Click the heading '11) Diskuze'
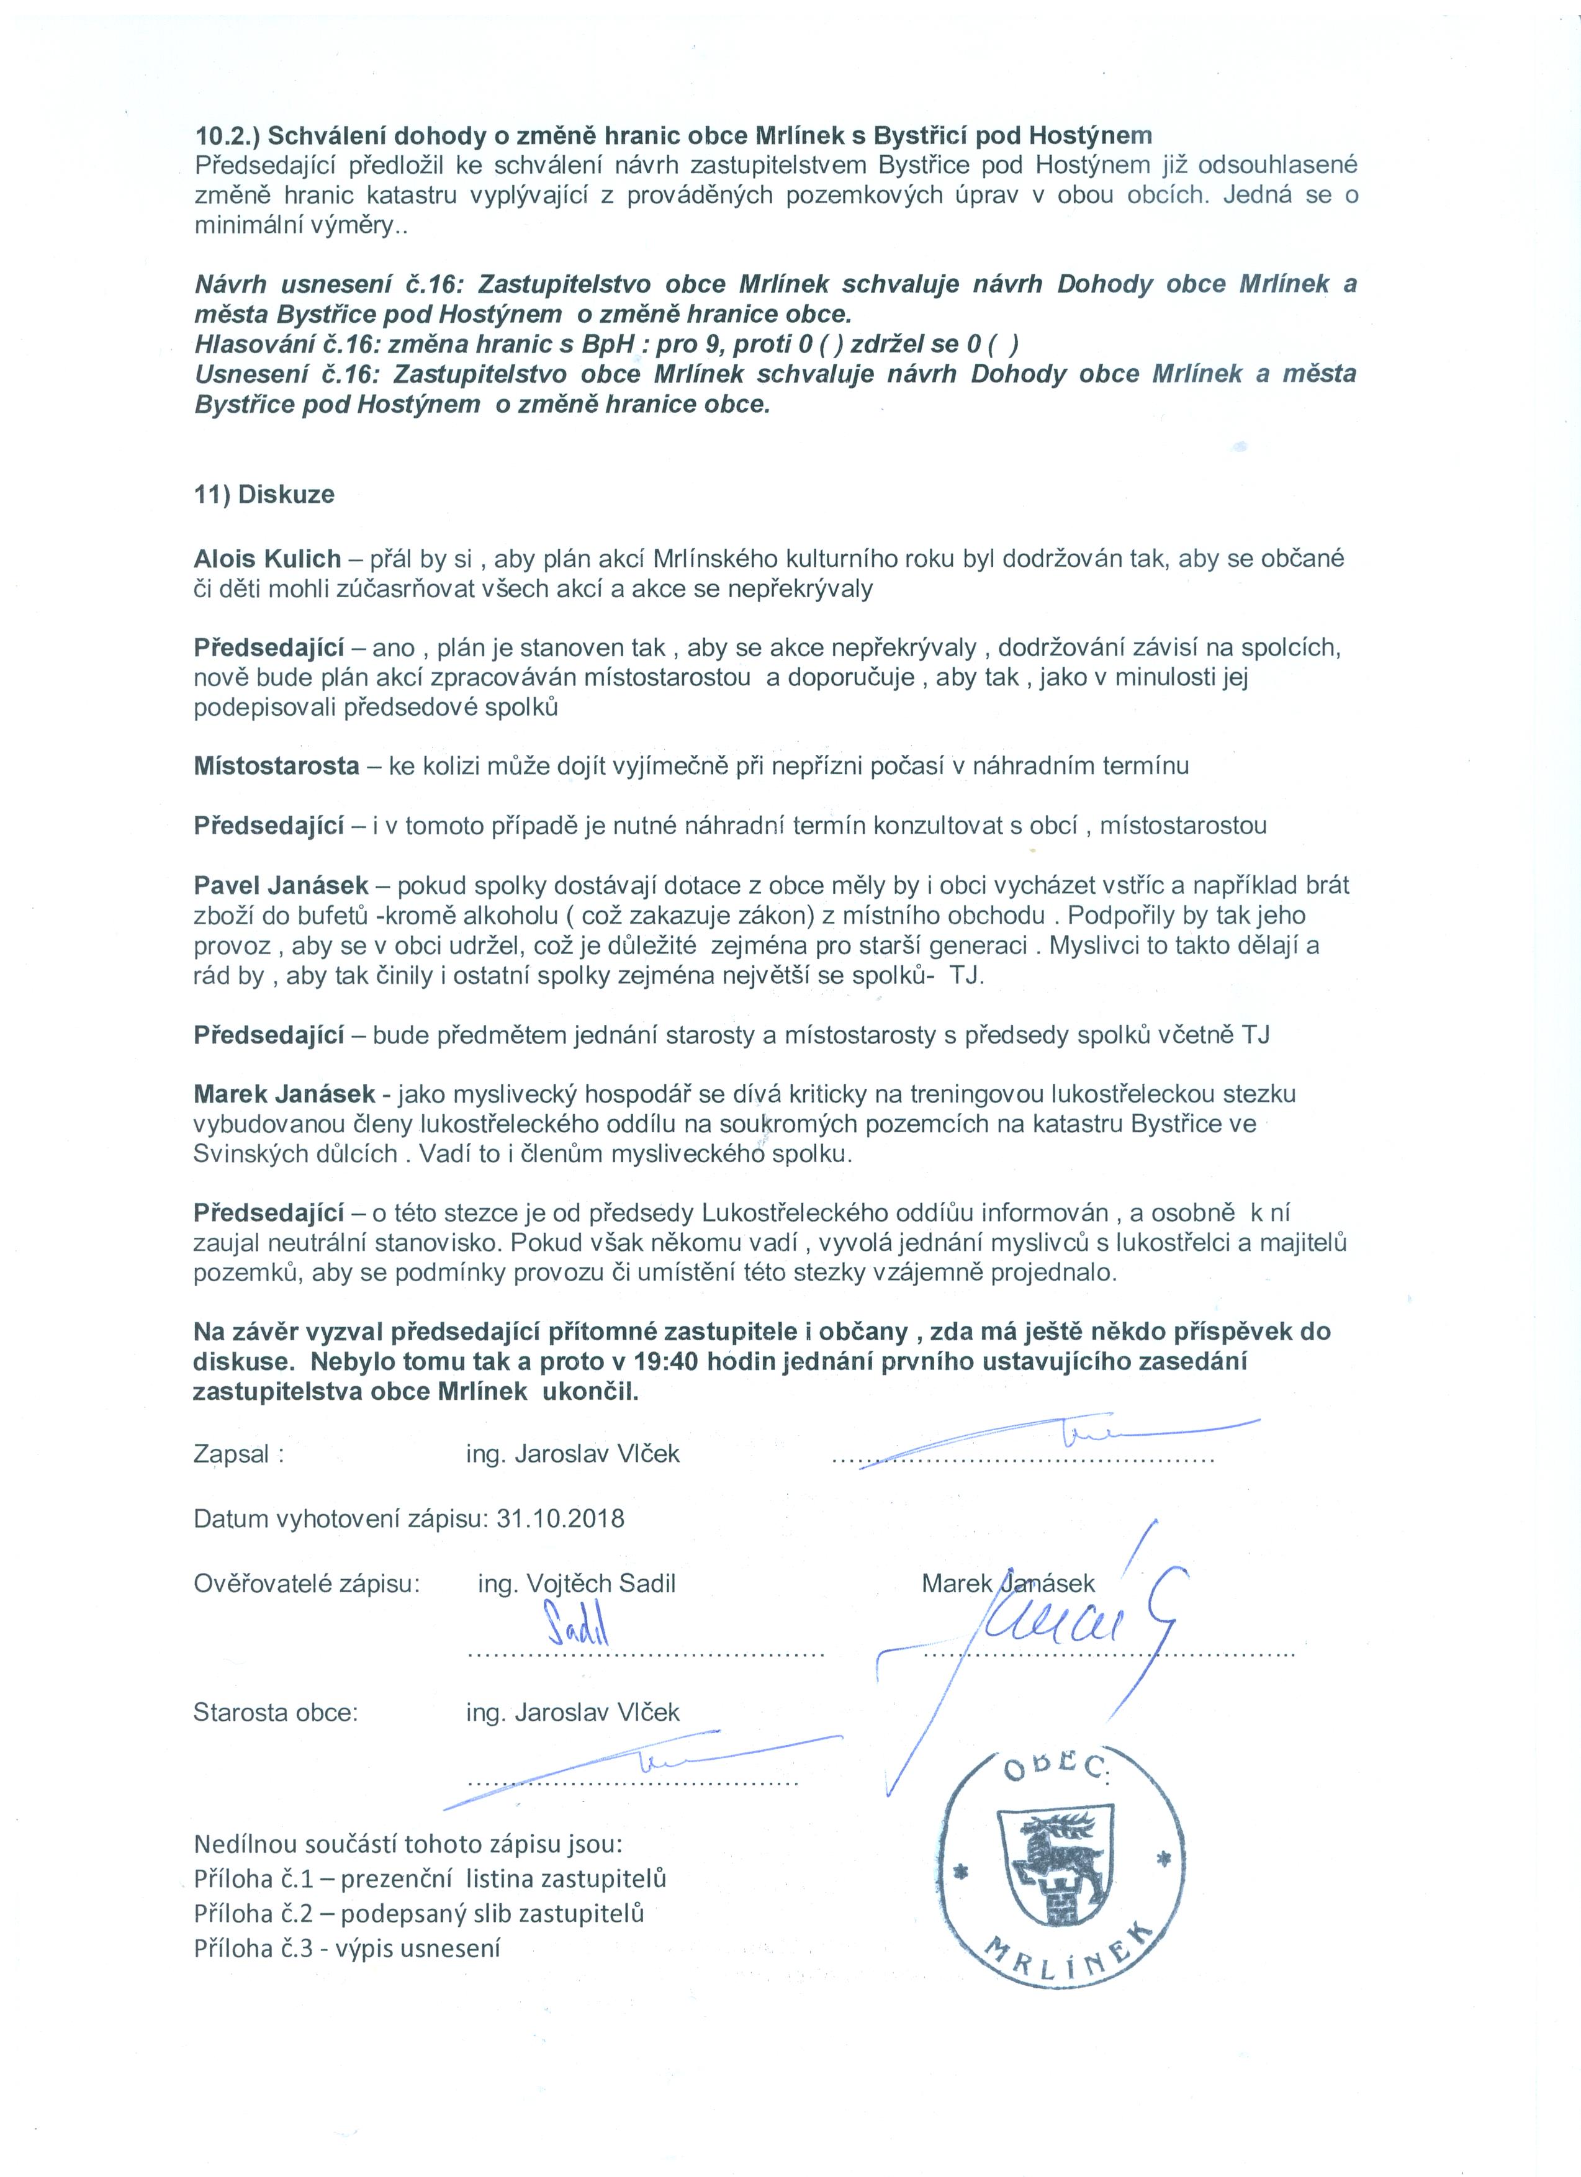click(264, 495)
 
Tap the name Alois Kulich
click(267, 559)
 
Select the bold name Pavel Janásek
click(288, 885)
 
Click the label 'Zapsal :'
click(239, 1454)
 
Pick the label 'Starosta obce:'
click(276, 1713)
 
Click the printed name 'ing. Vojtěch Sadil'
click(576, 1583)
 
